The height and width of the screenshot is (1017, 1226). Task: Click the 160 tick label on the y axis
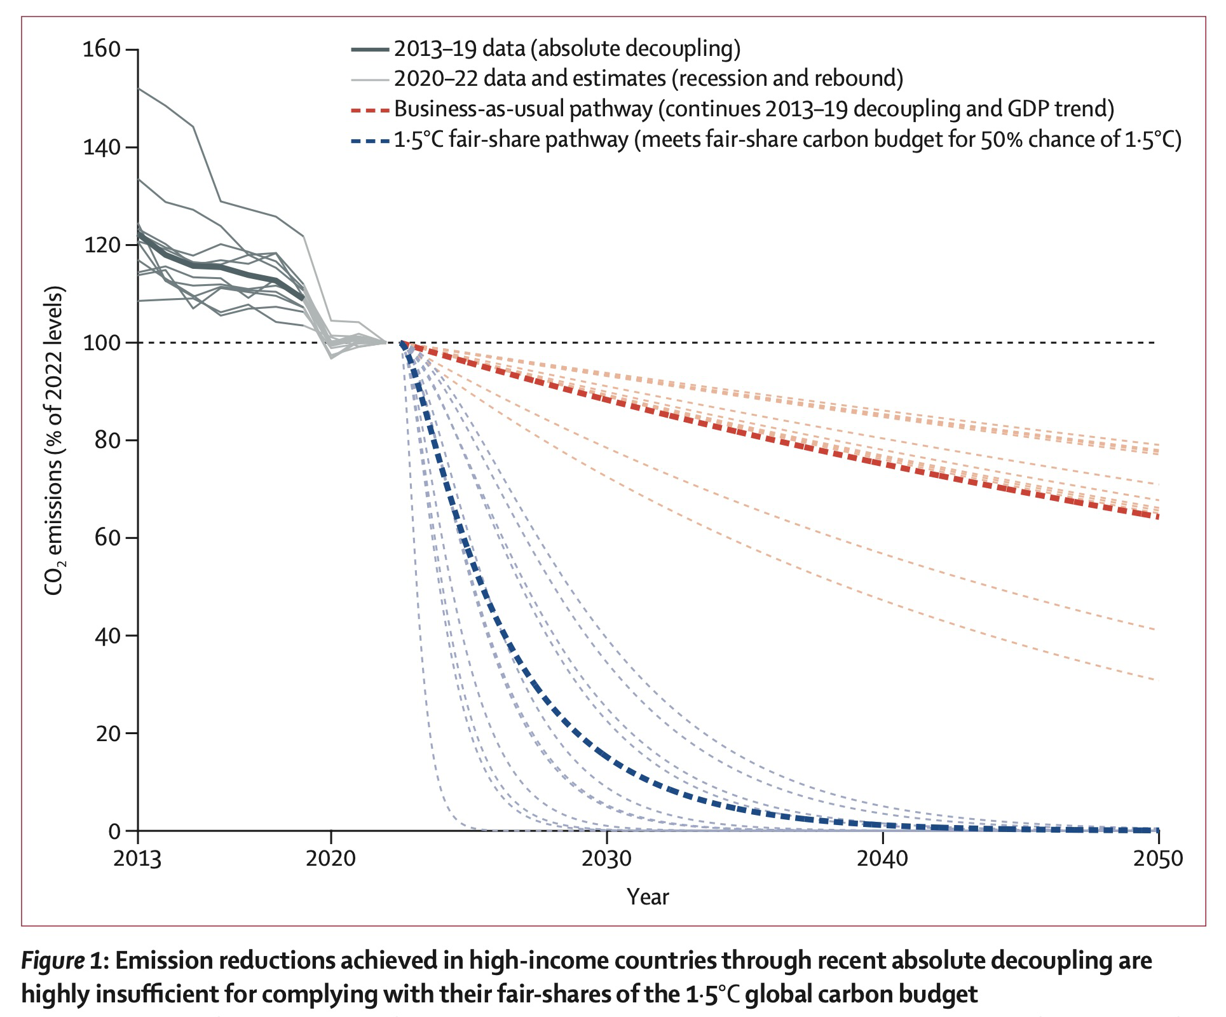point(102,49)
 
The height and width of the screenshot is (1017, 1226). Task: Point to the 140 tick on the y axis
point(102,147)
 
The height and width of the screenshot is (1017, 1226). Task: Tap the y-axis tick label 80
point(107,440)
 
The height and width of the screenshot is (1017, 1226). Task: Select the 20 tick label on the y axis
point(107,733)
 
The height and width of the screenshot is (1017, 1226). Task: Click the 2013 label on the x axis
point(137,859)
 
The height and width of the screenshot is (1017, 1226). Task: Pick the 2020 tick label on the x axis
point(330,859)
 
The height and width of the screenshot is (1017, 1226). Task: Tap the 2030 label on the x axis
point(607,859)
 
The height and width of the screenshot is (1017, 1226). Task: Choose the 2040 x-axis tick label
point(883,859)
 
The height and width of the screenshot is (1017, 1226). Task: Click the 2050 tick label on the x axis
point(1159,859)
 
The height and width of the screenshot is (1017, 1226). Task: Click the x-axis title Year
point(648,897)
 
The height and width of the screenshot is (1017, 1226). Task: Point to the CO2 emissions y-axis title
point(55,440)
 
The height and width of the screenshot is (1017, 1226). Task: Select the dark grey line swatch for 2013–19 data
point(369,49)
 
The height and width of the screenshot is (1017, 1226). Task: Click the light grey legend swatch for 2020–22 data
point(369,79)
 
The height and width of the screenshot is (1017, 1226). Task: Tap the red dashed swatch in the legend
point(369,110)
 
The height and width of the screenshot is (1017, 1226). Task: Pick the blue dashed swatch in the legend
point(369,140)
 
